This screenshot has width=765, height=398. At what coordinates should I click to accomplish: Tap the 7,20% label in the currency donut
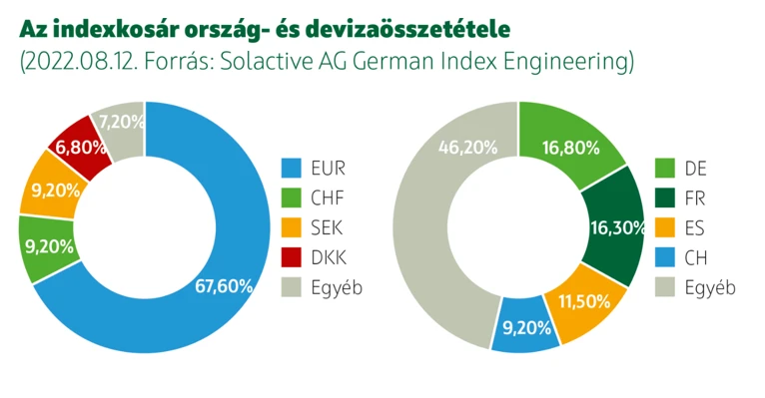121,122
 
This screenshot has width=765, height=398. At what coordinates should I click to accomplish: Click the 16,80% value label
571,148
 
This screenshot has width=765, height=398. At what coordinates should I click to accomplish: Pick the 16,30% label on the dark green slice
618,227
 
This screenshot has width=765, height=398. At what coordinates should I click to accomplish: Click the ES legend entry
689,227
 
